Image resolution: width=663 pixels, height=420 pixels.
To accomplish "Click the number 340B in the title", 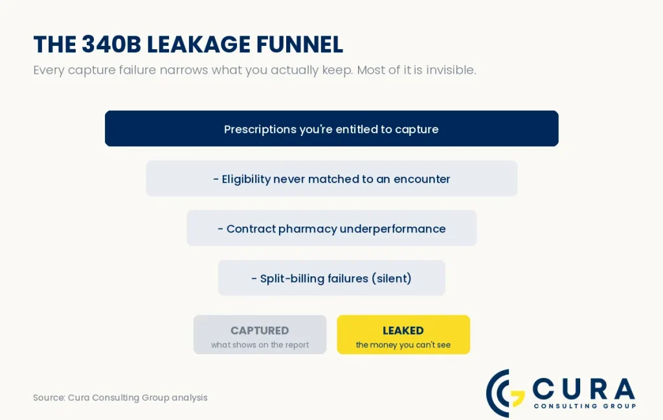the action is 111,45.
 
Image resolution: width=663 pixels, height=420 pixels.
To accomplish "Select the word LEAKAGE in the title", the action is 198,45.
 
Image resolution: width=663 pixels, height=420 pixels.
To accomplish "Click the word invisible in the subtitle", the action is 451,70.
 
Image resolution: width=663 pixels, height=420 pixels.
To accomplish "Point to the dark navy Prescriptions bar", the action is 331,128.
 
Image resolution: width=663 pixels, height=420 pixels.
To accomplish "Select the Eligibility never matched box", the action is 331,179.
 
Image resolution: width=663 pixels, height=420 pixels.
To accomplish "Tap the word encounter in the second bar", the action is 421,179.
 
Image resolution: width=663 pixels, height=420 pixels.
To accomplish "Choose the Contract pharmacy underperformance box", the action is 331,228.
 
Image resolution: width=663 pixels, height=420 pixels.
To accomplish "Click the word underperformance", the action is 392,229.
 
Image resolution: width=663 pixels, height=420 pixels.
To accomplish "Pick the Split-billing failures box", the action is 331,278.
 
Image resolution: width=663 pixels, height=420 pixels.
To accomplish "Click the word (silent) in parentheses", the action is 392,278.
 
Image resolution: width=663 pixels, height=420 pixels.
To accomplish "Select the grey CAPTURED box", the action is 260,335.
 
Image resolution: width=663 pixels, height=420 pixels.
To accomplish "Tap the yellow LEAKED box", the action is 403,335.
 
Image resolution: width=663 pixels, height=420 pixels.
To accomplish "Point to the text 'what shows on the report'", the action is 260,345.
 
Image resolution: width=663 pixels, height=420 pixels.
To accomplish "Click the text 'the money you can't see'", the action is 403,345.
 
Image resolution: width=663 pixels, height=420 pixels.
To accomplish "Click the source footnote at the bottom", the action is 120,397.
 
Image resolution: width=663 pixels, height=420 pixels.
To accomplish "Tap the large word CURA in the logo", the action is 583,388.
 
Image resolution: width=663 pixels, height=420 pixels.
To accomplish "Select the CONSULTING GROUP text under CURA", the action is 585,406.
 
